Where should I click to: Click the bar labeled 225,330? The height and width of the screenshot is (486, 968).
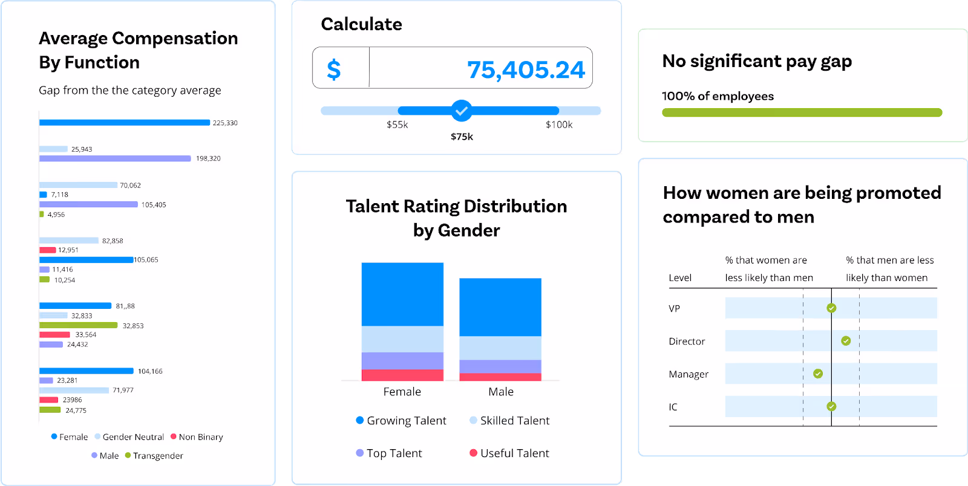125,123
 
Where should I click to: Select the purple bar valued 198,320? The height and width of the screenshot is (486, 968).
115,158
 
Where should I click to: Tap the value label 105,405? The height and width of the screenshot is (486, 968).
154,205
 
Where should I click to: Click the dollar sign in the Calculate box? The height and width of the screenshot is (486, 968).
334,70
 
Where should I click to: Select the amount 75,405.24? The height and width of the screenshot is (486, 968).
526,70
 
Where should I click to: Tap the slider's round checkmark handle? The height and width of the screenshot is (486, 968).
462,111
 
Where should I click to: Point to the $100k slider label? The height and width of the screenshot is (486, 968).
559,125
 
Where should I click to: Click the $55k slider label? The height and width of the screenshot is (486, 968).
397,125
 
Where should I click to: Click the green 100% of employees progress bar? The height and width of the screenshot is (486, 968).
802,112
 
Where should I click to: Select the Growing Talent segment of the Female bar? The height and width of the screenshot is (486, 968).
402,294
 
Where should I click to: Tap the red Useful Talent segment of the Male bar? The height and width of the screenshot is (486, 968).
500,377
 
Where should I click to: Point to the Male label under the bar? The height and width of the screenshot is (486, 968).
501,392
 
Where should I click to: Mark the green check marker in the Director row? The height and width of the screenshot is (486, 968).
846,341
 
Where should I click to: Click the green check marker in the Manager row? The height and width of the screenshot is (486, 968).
818,374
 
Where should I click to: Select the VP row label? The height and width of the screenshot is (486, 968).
675,309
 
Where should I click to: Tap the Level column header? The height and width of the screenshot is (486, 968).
680,278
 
